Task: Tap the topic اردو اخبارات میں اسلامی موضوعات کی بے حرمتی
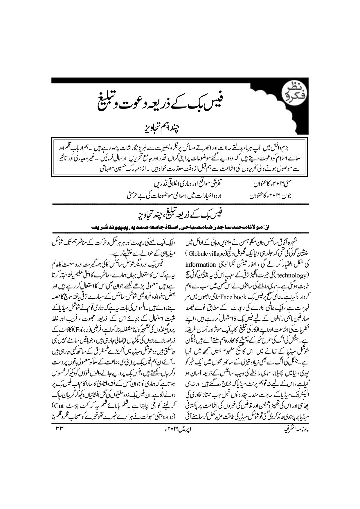tap(177, 196)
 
